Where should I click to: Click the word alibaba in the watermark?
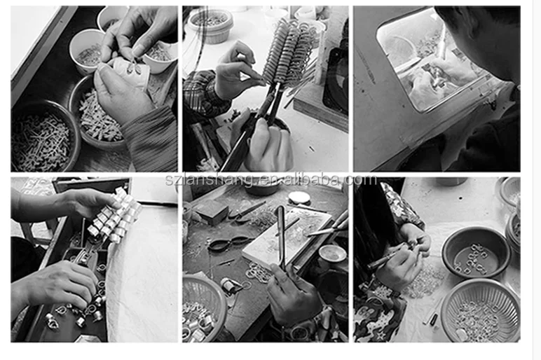pyautogui.click(x=314, y=180)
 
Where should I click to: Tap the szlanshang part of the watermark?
pyautogui.click(x=209, y=180)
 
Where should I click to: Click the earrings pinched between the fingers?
pyautogui.click(x=134, y=67)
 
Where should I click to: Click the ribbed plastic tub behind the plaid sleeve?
pyautogui.click(x=210, y=25)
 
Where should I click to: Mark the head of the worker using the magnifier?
pyautogui.click(x=483, y=38)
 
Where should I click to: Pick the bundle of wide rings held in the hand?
pyautogui.click(x=114, y=216)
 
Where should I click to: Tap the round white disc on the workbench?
pyautogui.click(x=299, y=198)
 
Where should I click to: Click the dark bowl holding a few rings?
pyautogui.click(x=476, y=251)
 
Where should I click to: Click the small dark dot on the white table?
pyautogui.click(x=460, y=198)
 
